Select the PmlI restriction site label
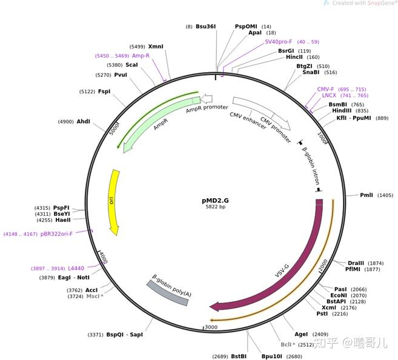367,195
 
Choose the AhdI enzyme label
83,121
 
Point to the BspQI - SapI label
124,335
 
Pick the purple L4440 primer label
76,268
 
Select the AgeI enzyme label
300,334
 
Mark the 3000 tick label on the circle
210,328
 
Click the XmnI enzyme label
156,46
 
